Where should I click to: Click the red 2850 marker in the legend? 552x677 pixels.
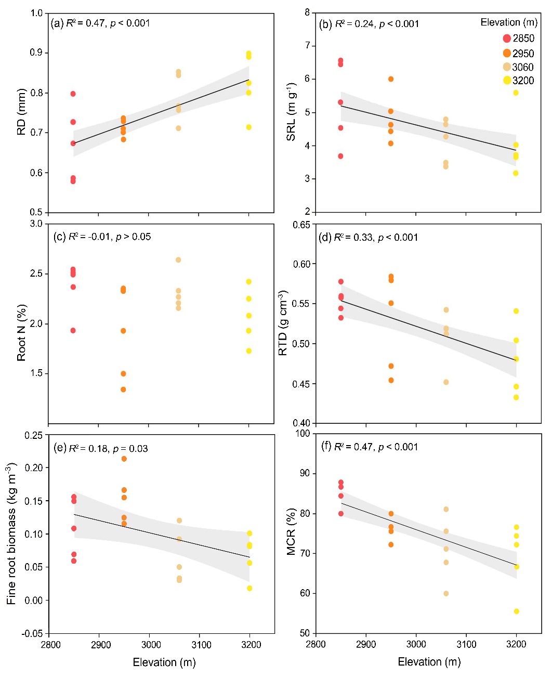tap(507, 38)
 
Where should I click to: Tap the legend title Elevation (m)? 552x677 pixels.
tap(508, 22)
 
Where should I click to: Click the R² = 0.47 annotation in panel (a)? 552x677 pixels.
tap(85, 23)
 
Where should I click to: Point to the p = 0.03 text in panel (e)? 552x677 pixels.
tap(130, 448)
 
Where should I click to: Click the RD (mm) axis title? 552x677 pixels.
tap(21, 112)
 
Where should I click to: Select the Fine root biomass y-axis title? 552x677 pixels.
tap(11, 533)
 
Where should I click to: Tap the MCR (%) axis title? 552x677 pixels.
tap(291, 532)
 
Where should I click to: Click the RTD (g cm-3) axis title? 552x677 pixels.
tap(283, 323)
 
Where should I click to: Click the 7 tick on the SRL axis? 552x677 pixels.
tap(307, 46)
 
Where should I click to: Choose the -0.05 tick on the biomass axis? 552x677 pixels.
tap(33, 633)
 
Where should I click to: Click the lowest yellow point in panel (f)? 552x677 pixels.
tap(516, 611)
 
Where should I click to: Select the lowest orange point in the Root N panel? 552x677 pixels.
tap(123, 389)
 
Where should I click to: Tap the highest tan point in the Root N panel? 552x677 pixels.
tap(178, 260)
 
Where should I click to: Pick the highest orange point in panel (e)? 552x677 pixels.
tap(124, 459)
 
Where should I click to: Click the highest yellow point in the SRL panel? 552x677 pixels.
tap(516, 93)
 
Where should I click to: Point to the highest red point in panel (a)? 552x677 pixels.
tap(73, 94)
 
